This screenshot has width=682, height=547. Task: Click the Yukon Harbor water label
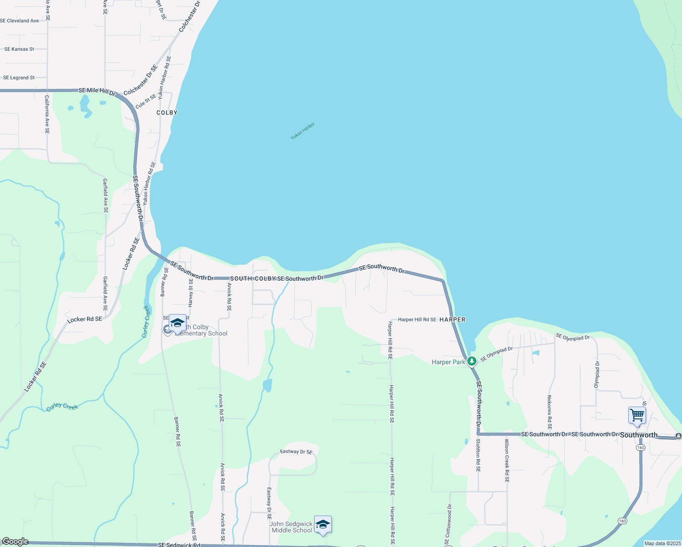[303, 131]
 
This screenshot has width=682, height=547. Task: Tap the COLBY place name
[167, 113]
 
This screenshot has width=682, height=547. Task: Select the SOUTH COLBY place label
[253, 279]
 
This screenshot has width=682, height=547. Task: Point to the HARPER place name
[452, 320]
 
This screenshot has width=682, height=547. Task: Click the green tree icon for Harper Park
[472, 361]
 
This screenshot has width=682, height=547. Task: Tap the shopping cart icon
[637, 416]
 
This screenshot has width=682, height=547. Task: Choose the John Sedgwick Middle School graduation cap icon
[323, 524]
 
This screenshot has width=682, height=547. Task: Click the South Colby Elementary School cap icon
[177, 323]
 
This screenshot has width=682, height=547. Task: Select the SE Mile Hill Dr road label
[98, 91]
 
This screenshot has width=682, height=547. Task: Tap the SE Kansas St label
[19, 49]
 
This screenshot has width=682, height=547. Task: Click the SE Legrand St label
[19, 78]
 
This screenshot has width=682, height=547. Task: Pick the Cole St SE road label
[146, 102]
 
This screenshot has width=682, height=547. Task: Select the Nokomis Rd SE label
[549, 412]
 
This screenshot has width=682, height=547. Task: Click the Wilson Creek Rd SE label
[506, 460]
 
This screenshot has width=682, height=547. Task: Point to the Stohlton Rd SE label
[478, 455]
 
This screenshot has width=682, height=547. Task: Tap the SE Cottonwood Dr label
[448, 525]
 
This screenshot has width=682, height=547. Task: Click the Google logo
[15, 542]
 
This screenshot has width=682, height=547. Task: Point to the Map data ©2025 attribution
[662, 543]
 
